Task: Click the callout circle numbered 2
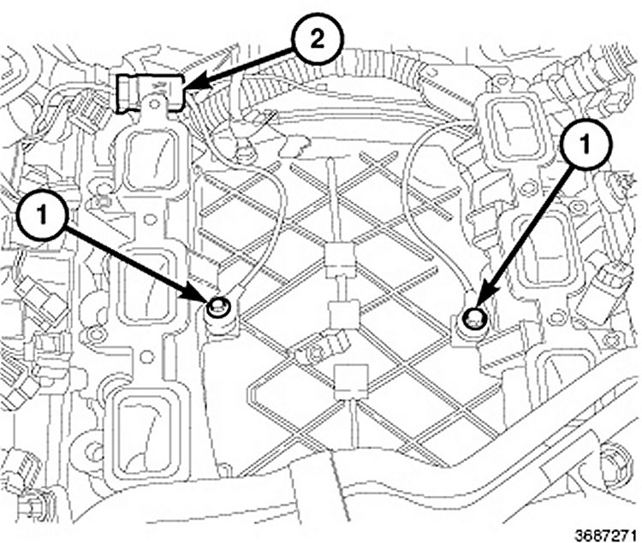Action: [318, 40]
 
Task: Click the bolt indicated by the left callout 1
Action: [219, 308]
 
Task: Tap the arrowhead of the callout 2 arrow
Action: [191, 86]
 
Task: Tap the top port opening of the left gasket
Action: [152, 162]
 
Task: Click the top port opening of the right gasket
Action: [510, 128]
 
